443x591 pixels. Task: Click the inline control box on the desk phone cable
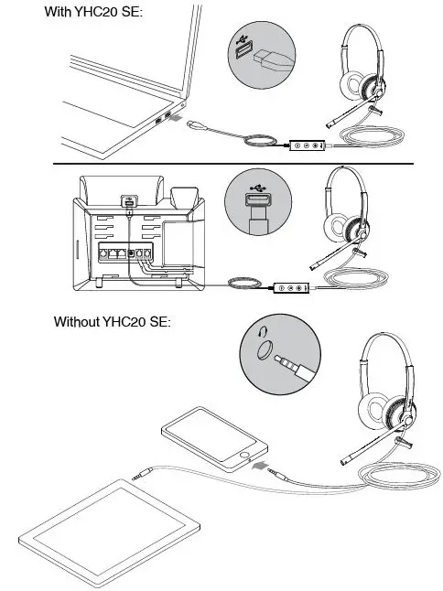[x=292, y=287]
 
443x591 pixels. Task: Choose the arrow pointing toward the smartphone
[x=260, y=467]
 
